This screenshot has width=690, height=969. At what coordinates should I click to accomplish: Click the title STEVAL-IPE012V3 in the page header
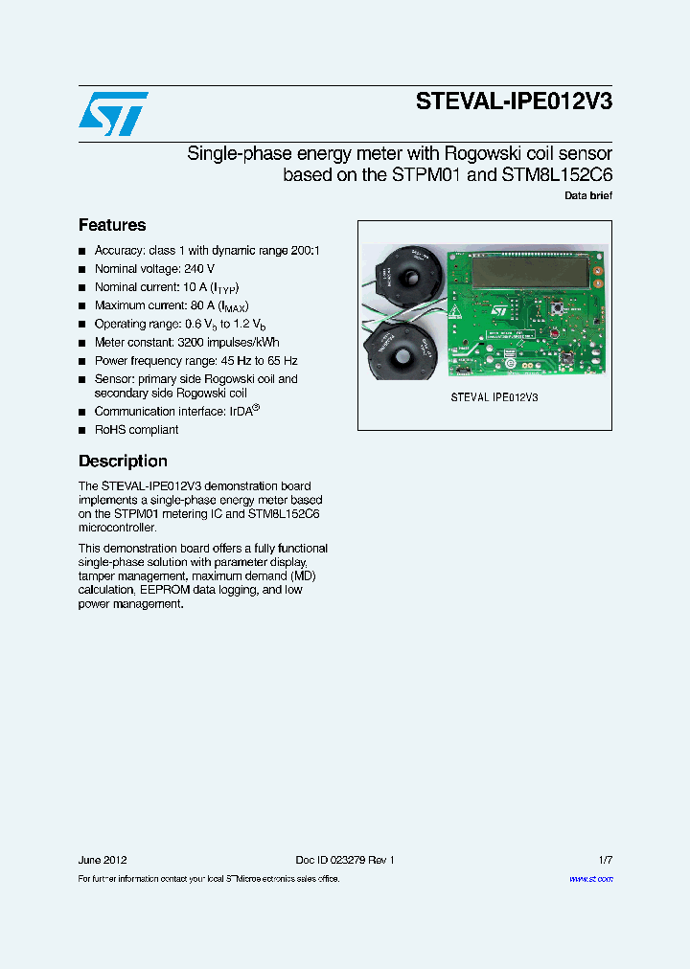[x=514, y=104]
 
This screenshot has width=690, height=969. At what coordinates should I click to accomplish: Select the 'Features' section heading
[x=112, y=225]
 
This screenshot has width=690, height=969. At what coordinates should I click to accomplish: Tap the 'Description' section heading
[x=123, y=461]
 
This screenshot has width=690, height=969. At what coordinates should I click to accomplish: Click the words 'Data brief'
[x=587, y=196]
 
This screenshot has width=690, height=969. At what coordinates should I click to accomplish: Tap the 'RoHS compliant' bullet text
[x=136, y=430]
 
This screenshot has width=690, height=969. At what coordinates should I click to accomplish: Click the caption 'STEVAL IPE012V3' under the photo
[x=494, y=396]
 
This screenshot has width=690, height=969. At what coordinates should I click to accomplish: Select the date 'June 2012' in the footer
[x=103, y=860]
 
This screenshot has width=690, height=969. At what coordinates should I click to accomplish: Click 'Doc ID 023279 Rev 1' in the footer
[x=344, y=860]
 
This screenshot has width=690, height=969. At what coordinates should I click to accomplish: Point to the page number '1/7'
[x=604, y=860]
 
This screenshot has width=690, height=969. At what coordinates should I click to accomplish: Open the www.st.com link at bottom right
[x=590, y=878]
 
